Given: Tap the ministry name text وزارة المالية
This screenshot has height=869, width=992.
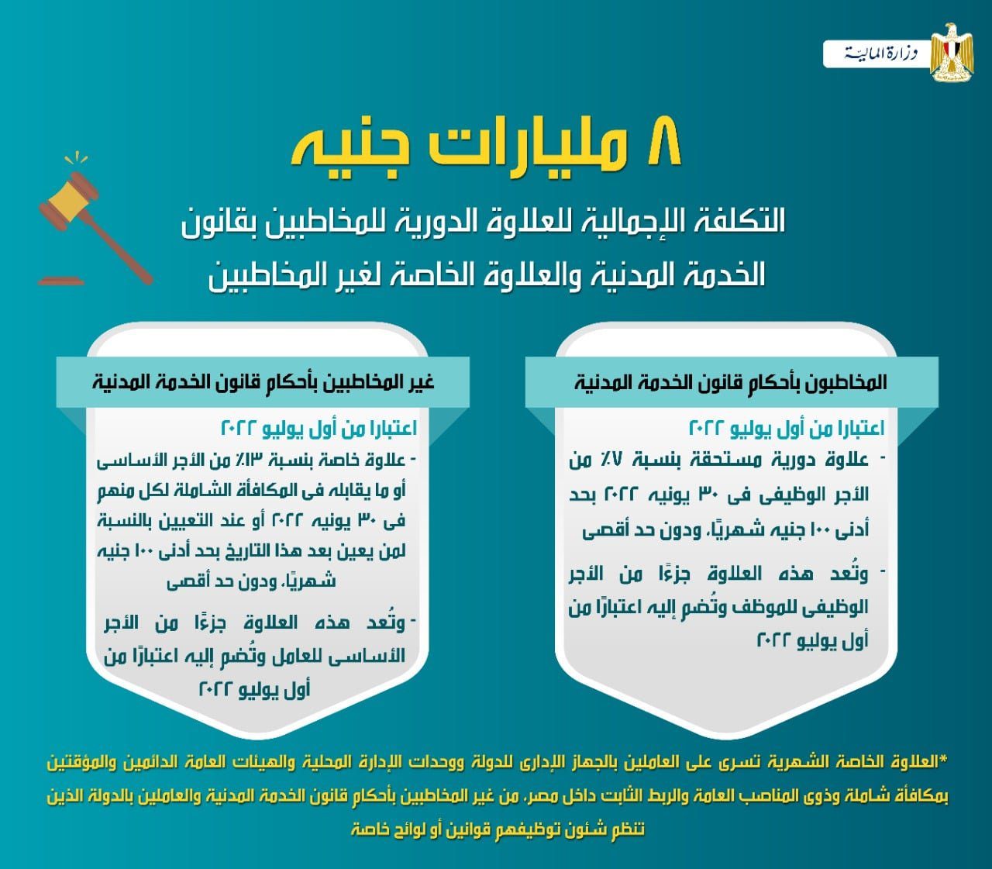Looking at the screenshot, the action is click(x=880, y=53).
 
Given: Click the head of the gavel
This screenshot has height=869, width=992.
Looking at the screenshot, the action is click(x=69, y=201).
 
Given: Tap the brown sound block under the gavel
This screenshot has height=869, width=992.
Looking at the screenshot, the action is click(x=61, y=281).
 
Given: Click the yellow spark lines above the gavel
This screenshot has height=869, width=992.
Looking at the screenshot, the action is click(x=76, y=158).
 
